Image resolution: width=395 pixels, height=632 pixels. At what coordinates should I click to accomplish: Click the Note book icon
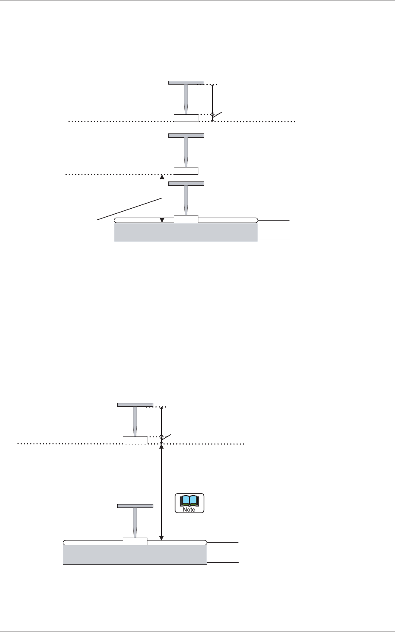pyautogui.click(x=190, y=503)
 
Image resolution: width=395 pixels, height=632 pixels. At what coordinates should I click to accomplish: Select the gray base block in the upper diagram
pyautogui.click(x=186, y=232)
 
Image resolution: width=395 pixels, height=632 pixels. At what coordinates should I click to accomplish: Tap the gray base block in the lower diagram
pyautogui.click(x=135, y=555)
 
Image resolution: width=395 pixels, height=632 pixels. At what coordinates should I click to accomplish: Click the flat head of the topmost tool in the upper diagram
pyautogui.click(x=186, y=82)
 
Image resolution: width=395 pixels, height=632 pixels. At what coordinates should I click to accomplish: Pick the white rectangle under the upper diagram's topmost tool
pyautogui.click(x=186, y=118)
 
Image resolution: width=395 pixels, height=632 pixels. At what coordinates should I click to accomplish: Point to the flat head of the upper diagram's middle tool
pyautogui.click(x=186, y=136)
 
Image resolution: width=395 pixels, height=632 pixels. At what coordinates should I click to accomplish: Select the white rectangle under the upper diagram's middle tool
pyautogui.click(x=186, y=171)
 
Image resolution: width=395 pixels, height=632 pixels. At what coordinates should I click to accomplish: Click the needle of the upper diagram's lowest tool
pyautogui.click(x=186, y=200)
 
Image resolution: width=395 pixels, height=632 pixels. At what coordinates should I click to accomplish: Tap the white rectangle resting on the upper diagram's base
pyautogui.click(x=186, y=219)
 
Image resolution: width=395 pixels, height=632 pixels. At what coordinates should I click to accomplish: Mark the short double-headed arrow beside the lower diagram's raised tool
pyautogui.click(x=161, y=421)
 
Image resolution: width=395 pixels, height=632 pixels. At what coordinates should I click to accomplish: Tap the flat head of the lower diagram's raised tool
pyautogui.click(x=135, y=405)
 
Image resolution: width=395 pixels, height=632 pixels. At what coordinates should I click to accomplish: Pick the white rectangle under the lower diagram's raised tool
pyautogui.click(x=135, y=440)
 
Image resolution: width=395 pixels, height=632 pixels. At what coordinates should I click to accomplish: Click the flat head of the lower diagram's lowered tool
pyautogui.click(x=135, y=506)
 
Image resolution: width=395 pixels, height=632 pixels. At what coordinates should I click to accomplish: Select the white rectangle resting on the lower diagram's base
pyautogui.click(x=135, y=541)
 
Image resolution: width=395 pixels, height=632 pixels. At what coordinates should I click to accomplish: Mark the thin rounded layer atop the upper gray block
pyautogui.click(x=229, y=220)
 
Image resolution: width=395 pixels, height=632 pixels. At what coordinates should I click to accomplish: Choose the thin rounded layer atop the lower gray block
pyautogui.click(x=178, y=542)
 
